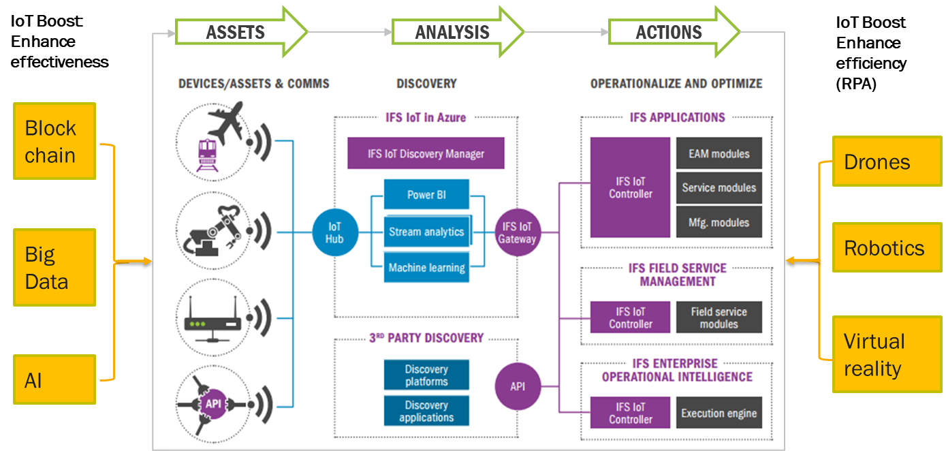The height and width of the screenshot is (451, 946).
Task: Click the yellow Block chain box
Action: pyautogui.click(x=54, y=141)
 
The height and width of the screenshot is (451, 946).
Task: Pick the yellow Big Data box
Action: pyautogui.click(x=54, y=267)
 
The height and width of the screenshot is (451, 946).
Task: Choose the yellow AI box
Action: pyautogui.click(x=54, y=379)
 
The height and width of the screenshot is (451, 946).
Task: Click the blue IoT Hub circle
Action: pyautogui.click(x=334, y=232)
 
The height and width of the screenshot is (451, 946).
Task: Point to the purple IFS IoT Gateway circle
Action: pyautogui.click(x=517, y=232)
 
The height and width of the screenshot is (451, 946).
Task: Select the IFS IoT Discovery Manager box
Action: pyautogui.click(x=426, y=153)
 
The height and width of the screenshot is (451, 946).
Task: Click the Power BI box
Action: pyautogui.click(x=426, y=195)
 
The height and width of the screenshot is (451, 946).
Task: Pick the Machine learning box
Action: pyautogui.click(x=426, y=268)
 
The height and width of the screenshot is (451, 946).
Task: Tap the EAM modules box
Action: pyautogui.click(x=719, y=154)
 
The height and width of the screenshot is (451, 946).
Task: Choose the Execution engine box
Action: pyautogui.click(x=719, y=413)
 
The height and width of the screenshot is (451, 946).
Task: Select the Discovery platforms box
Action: pyautogui.click(x=426, y=375)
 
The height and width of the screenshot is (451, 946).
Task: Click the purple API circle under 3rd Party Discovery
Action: pyautogui.click(x=517, y=386)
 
